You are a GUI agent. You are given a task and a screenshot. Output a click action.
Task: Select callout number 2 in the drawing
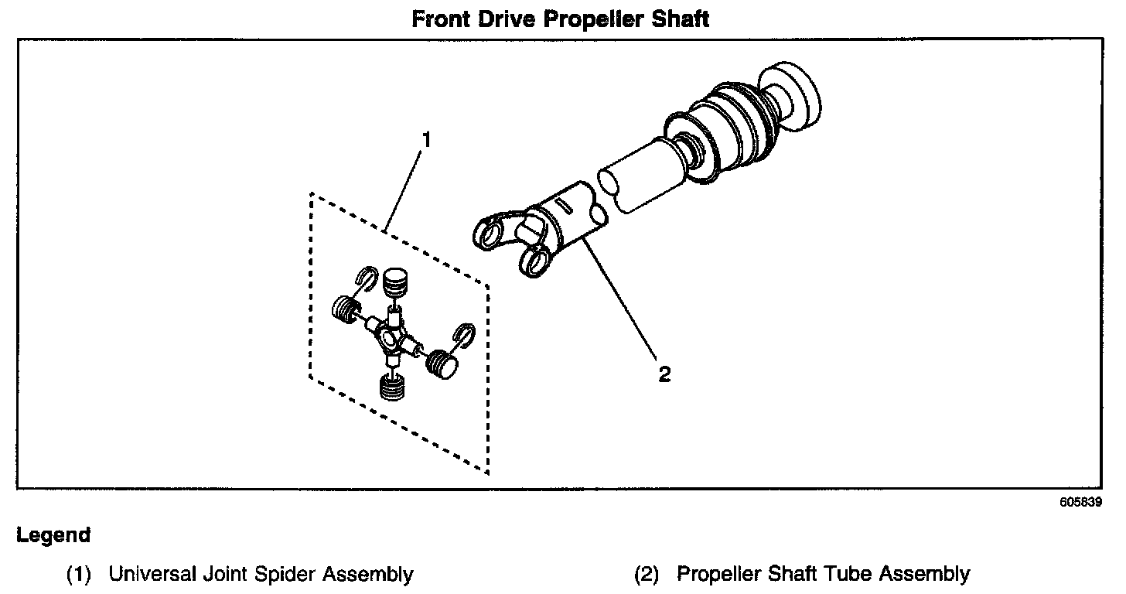(x=664, y=375)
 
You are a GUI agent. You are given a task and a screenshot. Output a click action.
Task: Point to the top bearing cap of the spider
(x=396, y=280)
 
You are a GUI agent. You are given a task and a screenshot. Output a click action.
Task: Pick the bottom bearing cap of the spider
(x=392, y=386)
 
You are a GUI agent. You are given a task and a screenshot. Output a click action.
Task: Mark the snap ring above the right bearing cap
(x=465, y=333)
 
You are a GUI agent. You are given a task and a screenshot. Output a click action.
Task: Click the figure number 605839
(x=1080, y=501)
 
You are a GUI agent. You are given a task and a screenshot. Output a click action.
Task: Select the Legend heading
(x=53, y=535)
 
